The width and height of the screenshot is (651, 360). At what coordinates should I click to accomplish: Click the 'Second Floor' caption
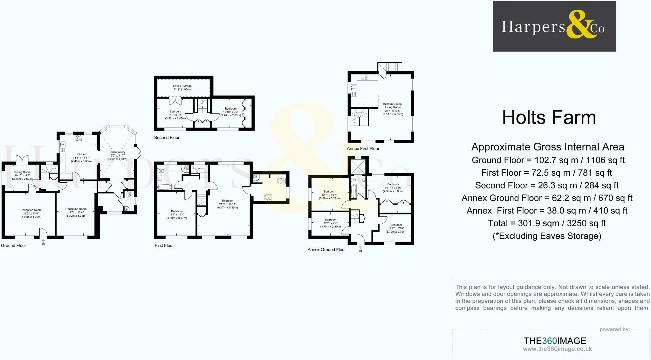click(167, 138)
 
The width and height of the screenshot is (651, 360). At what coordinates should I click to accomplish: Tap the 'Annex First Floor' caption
click(363, 148)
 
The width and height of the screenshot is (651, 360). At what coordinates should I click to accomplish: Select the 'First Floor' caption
click(164, 245)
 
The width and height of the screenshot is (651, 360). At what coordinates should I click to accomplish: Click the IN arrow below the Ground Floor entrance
click(44, 242)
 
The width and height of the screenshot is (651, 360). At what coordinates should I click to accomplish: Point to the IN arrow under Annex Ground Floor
click(360, 249)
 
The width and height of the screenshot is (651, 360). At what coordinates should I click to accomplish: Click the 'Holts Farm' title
click(549, 118)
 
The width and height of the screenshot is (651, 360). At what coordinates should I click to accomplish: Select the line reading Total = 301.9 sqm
click(546, 223)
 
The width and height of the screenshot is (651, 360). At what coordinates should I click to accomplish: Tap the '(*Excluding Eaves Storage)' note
click(547, 236)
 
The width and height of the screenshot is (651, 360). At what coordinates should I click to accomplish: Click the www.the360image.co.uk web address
click(557, 349)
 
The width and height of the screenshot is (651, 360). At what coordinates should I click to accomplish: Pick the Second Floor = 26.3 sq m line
click(546, 185)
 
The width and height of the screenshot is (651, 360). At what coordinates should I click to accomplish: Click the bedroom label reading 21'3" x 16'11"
click(228, 204)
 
